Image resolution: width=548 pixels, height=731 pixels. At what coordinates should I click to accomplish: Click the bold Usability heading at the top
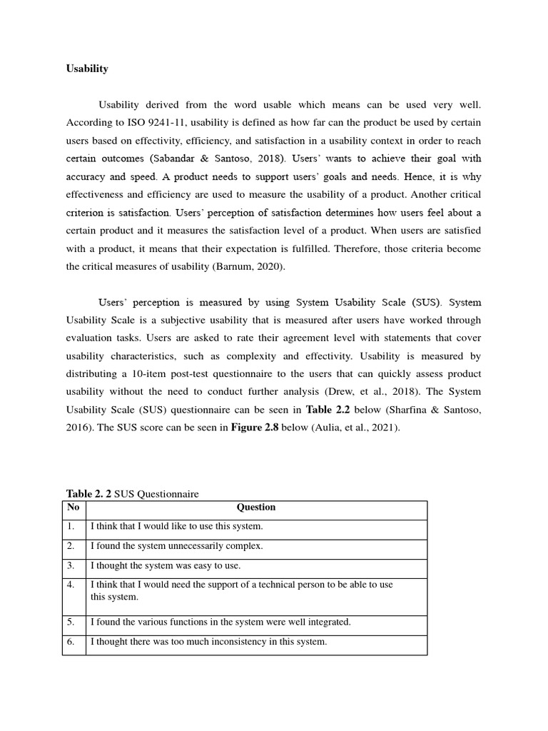(87, 69)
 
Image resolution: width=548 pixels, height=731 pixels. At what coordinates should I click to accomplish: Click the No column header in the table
(73, 508)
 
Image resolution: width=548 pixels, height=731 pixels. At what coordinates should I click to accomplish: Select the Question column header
(255, 508)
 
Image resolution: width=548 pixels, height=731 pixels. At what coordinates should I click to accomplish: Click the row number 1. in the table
(71, 527)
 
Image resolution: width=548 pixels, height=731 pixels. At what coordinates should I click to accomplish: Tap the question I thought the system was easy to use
(166, 566)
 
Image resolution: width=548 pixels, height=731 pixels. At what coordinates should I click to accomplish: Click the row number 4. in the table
(71, 585)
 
